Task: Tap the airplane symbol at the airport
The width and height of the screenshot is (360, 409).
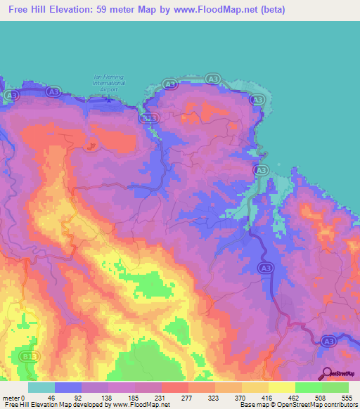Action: (108, 99)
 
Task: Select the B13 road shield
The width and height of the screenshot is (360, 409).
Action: (28, 356)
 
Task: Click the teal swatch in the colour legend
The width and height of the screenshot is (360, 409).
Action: (41, 387)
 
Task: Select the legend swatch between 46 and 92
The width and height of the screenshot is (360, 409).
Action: (68, 387)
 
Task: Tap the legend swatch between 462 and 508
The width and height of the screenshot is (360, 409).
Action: (308, 387)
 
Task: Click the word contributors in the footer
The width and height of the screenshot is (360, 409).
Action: (337, 405)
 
